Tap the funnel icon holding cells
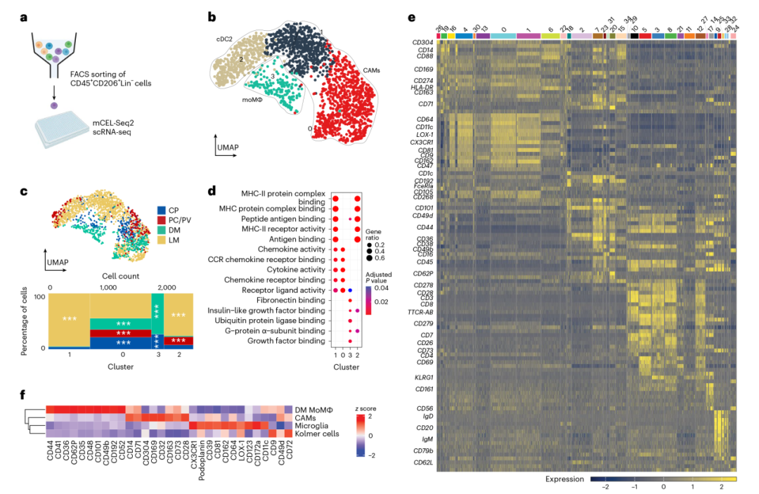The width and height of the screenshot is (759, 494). pos(55,53)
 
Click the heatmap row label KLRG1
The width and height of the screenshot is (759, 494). pos(424,377)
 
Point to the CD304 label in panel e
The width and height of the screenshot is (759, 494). pos(423,42)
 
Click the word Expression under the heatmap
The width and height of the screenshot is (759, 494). pos(564,479)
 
